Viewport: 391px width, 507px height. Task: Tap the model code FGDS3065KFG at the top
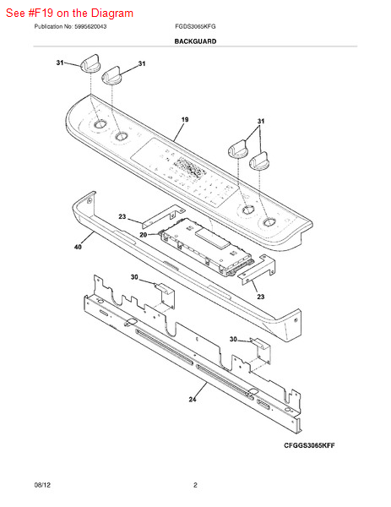pos(195,27)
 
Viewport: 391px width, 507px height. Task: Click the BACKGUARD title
pos(195,41)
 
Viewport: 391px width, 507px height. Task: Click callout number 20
pos(144,234)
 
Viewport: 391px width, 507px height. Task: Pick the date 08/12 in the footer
pos(42,485)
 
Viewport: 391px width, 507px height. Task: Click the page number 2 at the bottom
pos(195,485)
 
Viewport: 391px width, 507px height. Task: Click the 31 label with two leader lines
pos(261,122)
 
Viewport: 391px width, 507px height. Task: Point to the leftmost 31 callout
pos(60,63)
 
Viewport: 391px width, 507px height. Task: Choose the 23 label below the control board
pos(260,297)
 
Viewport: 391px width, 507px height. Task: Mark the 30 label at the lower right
pos(234,339)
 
